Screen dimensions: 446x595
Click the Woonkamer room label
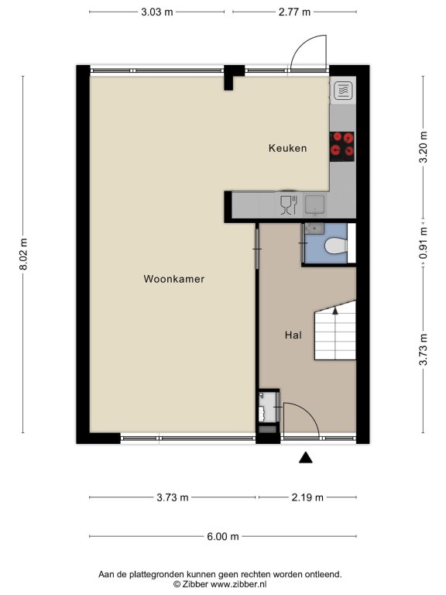tap(173, 279)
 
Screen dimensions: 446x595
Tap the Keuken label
tap(287, 148)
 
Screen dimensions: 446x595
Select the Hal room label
tap(293, 335)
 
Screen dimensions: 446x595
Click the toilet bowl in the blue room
tap(336, 246)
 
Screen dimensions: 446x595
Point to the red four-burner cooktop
tap(342, 146)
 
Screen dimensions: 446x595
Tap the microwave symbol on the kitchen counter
tap(344, 91)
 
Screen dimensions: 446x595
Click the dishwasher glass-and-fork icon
tap(288, 205)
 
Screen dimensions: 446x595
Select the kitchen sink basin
tap(315, 205)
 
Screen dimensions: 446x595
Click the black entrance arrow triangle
tap(306, 458)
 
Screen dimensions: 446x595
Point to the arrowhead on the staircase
tap(334, 311)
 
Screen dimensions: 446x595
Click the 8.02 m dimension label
tap(23, 254)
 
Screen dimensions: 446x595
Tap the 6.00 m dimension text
tap(223, 536)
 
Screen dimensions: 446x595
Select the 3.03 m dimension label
tap(157, 12)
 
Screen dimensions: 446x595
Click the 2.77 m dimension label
tap(295, 12)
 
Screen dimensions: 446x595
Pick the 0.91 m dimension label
tap(424, 242)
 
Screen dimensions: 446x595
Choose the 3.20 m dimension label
tap(424, 147)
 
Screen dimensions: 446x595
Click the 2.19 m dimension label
tap(307, 497)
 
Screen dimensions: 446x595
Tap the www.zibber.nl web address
tap(238, 584)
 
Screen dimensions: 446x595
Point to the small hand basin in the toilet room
tap(314, 228)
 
